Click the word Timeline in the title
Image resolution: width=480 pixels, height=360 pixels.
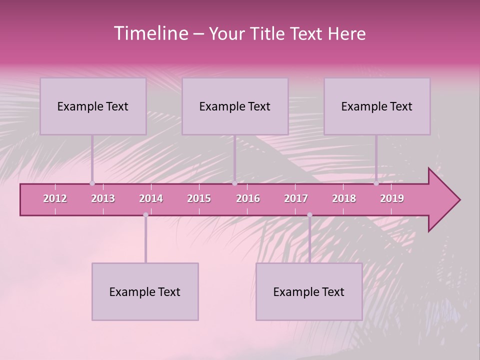pyautogui.click(x=150, y=33)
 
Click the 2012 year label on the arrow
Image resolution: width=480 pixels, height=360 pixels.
pyautogui.click(x=55, y=198)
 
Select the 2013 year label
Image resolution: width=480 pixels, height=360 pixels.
pyautogui.click(x=103, y=198)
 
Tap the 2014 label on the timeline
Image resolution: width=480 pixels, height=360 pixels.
pyautogui.click(x=151, y=198)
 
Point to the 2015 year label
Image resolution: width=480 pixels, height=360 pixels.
pyautogui.click(x=199, y=198)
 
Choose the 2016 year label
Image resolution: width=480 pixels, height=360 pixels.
pyautogui.click(x=248, y=198)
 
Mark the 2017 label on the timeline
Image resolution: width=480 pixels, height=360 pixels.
pyautogui.click(x=296, y=198)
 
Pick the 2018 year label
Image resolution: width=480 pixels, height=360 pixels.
pyautogui.click(x=344, y=198)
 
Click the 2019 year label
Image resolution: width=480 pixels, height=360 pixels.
pyautogui.click(x=392, y=198)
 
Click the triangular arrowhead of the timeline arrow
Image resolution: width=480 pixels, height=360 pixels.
pyautogui.click(x=442, y=200)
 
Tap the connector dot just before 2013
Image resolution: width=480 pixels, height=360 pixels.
pyautogui.click(x=92, y=183)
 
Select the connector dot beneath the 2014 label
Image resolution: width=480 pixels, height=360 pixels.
pyautogui.click(x=145, y=215)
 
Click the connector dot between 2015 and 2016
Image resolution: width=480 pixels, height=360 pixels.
pyautogui.click(x=234, y=183)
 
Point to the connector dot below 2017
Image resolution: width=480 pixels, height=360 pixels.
pyautogui.click(x=309, y=215)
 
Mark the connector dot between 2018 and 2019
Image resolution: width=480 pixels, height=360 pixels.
pyautogui.click(x=376, y=183)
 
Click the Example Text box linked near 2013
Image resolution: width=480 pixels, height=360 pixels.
pyautogui.click(x=93, y=106)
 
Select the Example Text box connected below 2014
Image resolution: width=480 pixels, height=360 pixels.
pyautogui.click(x=145, y=291)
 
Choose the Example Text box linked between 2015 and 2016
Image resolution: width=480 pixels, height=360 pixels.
pyautogui.click(x=235, y=106)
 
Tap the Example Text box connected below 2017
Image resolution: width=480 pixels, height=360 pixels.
pyautogui.click(x=309, y=291)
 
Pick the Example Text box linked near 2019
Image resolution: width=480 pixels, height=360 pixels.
pyautogui.click(x=377, y=106)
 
